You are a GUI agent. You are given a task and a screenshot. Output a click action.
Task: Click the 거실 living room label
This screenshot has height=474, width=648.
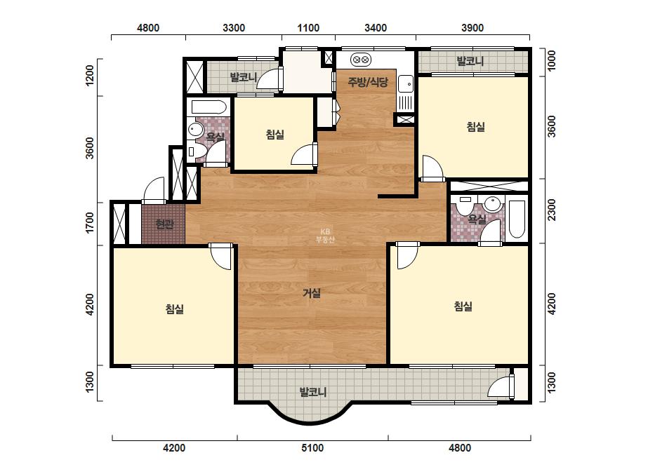[312, 293]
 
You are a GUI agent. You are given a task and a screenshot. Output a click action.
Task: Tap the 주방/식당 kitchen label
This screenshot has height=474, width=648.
[368, 82]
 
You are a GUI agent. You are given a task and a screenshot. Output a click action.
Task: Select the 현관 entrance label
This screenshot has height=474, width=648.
[164, 224]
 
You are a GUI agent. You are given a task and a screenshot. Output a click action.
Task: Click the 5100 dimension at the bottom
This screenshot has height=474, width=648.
[312, 447]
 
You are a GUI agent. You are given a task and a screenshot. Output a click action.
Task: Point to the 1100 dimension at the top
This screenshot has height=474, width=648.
[308, 27]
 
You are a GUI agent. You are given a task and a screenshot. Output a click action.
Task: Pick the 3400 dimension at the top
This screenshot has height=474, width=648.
[376, 27]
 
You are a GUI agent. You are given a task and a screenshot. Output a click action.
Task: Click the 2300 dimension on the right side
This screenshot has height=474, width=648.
[551, 210]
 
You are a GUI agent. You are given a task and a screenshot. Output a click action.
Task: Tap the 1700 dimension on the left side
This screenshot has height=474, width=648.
[89, 223]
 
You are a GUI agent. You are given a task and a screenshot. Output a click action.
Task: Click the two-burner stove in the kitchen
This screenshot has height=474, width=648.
[361, 60]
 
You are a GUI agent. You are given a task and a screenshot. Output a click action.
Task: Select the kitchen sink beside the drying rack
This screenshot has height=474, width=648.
[405, 85]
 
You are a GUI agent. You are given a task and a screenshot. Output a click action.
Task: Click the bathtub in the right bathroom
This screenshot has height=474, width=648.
[517, 219]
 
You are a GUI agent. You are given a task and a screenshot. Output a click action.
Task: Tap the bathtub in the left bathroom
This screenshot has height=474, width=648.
[209, 107]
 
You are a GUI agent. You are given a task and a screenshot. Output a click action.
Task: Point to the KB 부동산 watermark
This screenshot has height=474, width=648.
[325, 236]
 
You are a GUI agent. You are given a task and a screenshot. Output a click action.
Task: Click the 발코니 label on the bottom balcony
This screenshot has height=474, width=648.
[313, 391]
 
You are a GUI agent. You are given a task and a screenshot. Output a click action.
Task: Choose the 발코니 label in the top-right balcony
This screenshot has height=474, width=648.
[470, 61]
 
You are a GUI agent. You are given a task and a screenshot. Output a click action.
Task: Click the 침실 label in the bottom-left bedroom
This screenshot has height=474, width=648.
[174, 309]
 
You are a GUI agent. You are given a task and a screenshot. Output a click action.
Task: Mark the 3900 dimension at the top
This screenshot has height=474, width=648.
[472, 27]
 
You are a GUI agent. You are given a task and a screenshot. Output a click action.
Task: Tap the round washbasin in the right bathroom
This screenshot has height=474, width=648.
[492, 203]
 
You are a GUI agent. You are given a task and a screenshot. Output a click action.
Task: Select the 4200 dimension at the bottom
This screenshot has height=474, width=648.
[174, 447]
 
